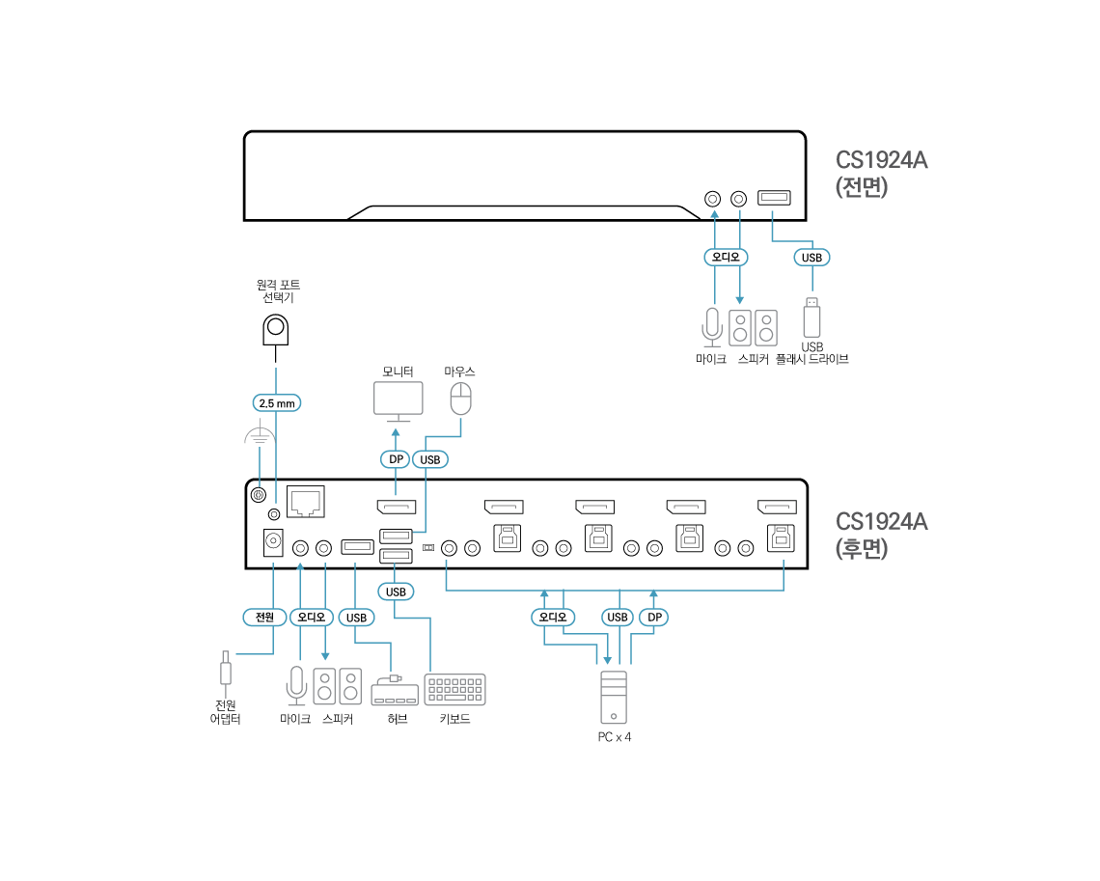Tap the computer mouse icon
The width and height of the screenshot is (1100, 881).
462,398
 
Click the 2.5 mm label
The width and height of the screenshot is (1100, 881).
277,402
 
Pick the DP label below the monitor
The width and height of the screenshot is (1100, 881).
395,459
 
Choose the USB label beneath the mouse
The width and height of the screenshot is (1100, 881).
430,459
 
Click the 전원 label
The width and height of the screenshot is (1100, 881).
264,618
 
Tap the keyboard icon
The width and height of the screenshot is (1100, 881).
454,689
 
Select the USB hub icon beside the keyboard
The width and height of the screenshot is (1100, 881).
394,691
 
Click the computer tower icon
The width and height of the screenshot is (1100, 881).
614,697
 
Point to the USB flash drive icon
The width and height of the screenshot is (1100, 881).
812,317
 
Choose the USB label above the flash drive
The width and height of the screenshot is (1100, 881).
812,258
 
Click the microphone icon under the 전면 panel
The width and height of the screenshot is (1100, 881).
712,327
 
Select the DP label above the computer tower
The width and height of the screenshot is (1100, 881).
654,618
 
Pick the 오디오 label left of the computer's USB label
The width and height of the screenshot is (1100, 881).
554,618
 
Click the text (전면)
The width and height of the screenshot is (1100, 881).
862,187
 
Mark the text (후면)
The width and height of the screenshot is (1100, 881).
862,549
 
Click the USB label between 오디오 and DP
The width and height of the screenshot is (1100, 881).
617,618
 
